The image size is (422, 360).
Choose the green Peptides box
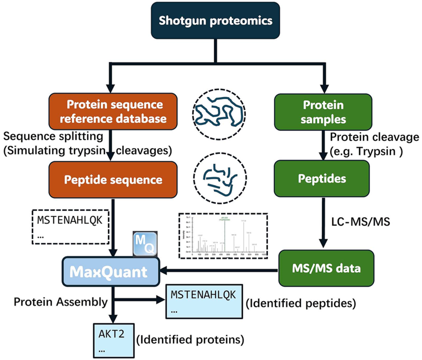pyautogui.click(x=323, y=179)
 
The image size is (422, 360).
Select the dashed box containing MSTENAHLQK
pyautogui.click(x=70, y=227)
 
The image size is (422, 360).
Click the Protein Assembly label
pyautogui.click(x=60, y=302)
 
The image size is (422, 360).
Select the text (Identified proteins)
pyautogui.click(x=189, y=338)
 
